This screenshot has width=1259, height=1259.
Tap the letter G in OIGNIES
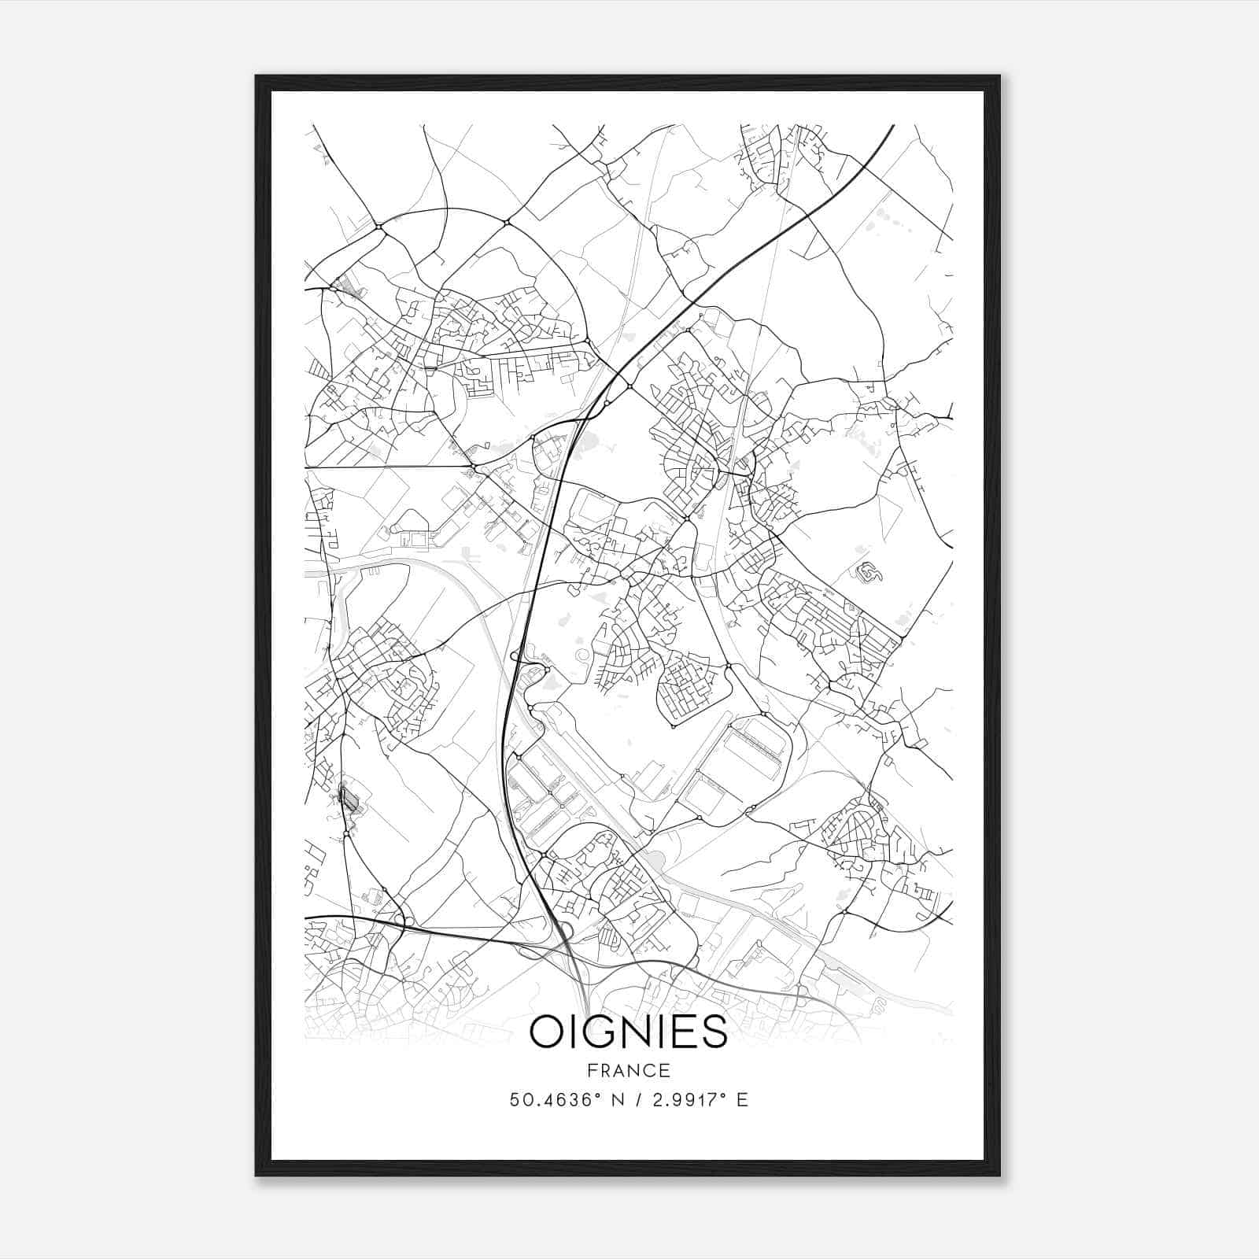click(600, 1032)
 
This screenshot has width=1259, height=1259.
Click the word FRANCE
click(629, 1071)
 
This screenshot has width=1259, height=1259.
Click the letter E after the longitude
click(742, 1100)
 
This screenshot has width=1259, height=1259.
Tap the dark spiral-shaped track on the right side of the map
click(868, 574)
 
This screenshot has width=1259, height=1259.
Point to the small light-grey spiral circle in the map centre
click(582, 655)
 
